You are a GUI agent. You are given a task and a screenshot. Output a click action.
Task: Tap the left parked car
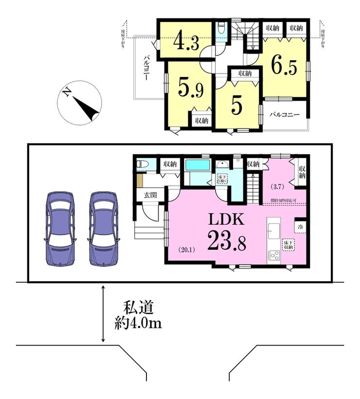tap(60, 228)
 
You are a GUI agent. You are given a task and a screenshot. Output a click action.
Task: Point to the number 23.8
tap(228, 240)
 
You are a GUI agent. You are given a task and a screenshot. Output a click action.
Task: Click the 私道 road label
tap(138, 308)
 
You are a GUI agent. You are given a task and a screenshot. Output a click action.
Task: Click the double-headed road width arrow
tap(103, 314)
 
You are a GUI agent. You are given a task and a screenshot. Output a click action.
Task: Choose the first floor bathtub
tap(197, 164)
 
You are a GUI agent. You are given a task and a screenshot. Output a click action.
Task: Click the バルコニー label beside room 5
tap(285, 115)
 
